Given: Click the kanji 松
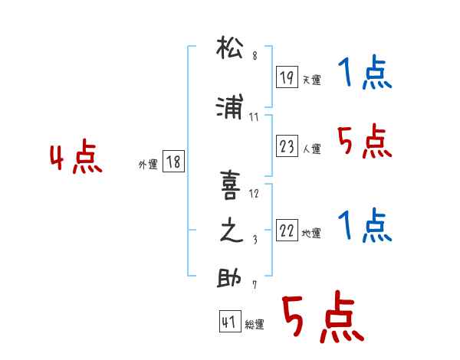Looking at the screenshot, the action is tap(230, 47).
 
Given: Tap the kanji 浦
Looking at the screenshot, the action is tap(229, 106).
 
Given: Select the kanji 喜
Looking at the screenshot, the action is tap(230, 185).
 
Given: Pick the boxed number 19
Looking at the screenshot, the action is tap(287, 77).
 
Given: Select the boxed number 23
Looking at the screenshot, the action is tap(287, 146).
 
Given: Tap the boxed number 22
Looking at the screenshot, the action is tap(287, 230).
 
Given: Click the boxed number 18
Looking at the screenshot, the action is tap(173, 162).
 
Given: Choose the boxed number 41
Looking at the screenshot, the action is tap(230, 321).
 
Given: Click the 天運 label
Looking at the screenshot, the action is tap(311, 80).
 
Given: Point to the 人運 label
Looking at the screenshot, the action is tap(312, 149).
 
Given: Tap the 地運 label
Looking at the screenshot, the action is tap(311, 234).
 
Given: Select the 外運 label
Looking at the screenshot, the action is tap(148, 165).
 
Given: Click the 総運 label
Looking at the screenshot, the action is tap(255, 325).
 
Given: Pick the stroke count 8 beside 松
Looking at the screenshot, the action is tap(255, 55).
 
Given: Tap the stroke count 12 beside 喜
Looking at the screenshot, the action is tap(254, 194).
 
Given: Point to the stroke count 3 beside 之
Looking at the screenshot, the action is tap(255, 240).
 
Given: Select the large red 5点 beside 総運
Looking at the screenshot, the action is tap(323, 316).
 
